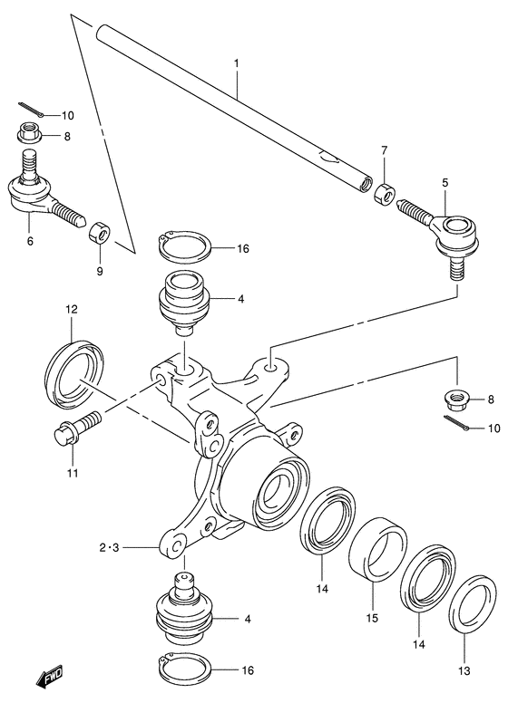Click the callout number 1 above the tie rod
(x=236, y=65)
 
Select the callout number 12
(x=72, y=311)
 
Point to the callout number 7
(x=384, y=149)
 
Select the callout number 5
(x=444, y=182)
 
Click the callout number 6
(x=30, y=241)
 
